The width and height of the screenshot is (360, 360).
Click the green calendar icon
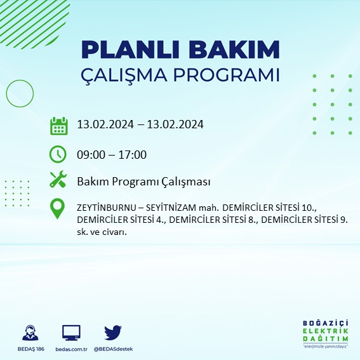(58, 126)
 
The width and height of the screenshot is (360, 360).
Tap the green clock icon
(58, 154)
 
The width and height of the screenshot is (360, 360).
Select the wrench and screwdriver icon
(58, 180)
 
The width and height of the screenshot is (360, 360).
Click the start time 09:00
(91, 154)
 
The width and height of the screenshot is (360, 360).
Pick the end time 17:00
(133, 154)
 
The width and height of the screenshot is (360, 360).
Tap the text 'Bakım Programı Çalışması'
(143, 182)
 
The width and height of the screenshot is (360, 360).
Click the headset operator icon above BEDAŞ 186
(29, 333)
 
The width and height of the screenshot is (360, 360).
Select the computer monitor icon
(71, 333)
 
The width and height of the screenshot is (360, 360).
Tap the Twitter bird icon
(112, 333)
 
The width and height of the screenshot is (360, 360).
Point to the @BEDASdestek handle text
(113, 349)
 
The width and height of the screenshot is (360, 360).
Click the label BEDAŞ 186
(29, 349)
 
